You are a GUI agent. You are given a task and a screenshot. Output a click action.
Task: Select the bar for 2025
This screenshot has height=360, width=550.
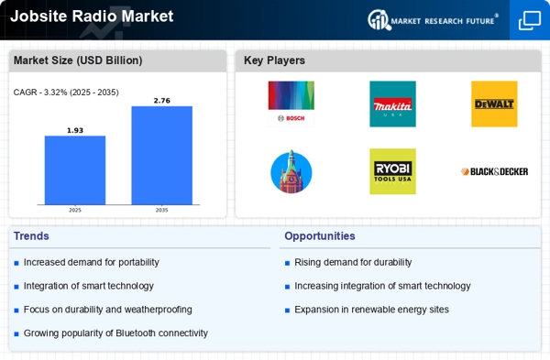coord(75,170)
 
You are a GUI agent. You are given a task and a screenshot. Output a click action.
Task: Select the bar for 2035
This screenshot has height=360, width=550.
coord(161,155)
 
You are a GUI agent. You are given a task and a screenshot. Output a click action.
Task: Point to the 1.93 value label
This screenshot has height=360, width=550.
coord(75,130)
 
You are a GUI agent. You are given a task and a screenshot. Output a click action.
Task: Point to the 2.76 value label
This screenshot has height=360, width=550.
coord(161,100)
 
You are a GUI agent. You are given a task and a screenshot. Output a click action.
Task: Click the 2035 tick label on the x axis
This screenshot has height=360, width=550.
coord(161,210)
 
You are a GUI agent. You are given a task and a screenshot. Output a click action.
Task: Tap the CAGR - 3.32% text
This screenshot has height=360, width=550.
coord(66,92)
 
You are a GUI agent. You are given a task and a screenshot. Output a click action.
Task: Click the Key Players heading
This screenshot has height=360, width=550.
coord(274,60)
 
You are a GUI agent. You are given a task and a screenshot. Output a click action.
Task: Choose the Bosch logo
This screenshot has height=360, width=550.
coord(291,104)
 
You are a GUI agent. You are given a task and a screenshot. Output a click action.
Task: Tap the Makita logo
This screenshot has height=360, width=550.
coord(392,104)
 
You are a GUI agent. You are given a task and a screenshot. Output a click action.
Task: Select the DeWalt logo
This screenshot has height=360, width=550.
coord(494,104)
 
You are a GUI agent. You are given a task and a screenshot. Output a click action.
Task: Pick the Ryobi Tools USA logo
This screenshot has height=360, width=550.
coord(392,171)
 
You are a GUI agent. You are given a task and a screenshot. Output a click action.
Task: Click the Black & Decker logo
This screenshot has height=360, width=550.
coord(494,171)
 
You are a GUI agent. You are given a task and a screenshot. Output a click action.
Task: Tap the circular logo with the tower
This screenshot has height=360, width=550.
coord(291,171)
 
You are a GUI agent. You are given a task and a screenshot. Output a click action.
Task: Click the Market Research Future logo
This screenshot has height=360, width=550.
coord(434,19)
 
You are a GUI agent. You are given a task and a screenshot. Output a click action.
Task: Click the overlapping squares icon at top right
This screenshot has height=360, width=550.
coord(530,20)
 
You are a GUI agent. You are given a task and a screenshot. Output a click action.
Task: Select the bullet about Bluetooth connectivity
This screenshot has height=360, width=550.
coord(115,333)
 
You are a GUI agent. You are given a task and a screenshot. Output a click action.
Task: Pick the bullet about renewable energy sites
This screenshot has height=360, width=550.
coord(371,310)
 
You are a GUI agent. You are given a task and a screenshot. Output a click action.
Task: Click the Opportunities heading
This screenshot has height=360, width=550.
coord(319,236)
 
